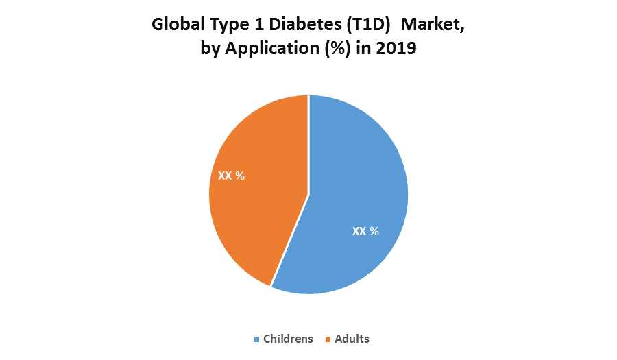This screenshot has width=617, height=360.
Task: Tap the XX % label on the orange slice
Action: pos(231,176)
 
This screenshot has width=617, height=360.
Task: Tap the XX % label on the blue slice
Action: pos(365,232)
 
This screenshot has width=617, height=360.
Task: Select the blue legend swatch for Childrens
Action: pos(257,339)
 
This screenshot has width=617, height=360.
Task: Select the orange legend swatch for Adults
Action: pos(328,339)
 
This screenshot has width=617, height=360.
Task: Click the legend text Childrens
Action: pos(288,339)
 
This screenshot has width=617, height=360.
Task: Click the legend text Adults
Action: pos(352,339)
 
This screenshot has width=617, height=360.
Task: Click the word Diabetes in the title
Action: pos(302,25)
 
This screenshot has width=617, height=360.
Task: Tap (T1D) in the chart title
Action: pos(369,25)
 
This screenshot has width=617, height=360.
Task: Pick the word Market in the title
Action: pos(433,25)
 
